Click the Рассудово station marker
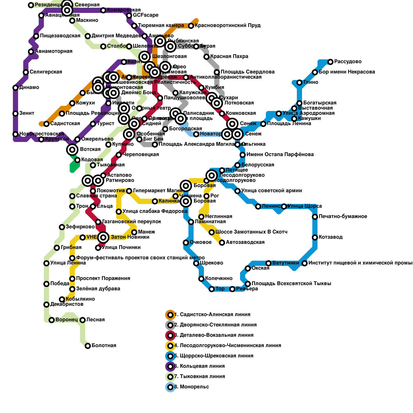pos(330,62)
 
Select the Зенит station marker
pos(15,113)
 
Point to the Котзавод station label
pos(330,237)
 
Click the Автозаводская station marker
pos(222,242)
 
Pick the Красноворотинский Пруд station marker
pos(191,26)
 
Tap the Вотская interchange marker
pos(72,149)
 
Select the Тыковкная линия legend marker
pos(170,377)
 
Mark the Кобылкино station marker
pos(62,299)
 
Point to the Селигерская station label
pos(46,72)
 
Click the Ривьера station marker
pos(232,289)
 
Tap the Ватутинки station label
pos(285,263)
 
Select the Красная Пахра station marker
pos(206,57)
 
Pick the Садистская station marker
pos(46,124)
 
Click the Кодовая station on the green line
pos(77,160)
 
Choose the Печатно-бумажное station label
pos(343,217)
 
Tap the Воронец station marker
pos(52,320)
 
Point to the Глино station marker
pos(299,82)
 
